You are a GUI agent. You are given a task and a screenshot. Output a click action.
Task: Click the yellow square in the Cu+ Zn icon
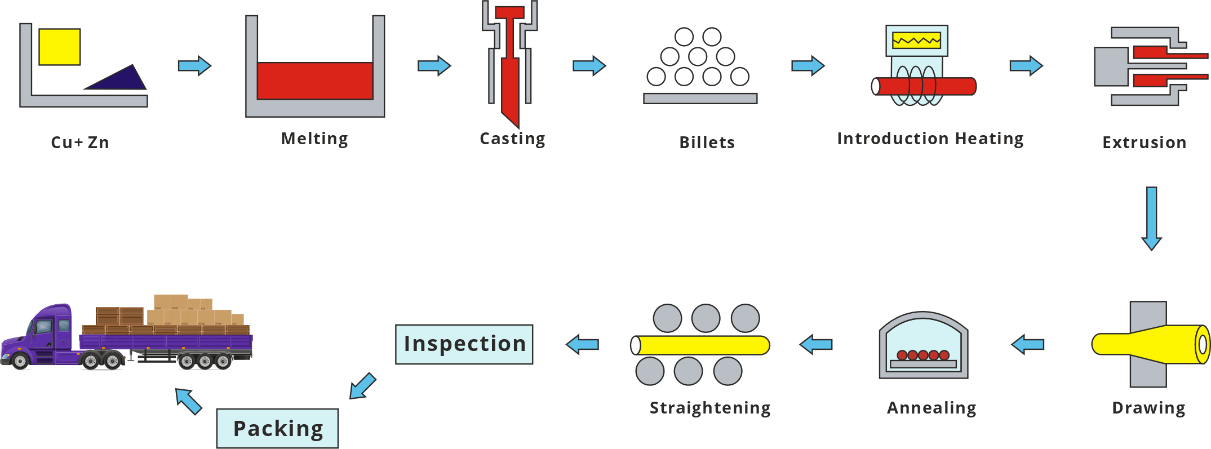point(60,47)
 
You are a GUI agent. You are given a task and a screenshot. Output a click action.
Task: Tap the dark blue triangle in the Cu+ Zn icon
point(121,81)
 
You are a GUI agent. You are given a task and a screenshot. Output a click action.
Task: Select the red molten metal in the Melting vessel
point(315,81)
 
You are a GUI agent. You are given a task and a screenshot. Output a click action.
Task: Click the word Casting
point(512,139)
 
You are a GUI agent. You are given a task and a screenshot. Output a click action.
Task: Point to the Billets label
point(707,143)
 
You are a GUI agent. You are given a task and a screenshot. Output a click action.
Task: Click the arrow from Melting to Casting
point(434,66)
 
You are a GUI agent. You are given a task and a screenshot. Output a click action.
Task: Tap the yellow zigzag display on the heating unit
point(916,41)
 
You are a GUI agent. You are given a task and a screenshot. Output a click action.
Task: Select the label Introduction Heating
point(930,139)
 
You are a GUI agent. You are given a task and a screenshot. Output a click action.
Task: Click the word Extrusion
point(1144,143)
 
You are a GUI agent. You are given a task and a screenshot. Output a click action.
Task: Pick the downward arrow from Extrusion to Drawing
point(1151,219)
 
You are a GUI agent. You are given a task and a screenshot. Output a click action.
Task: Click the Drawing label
point(1148,408)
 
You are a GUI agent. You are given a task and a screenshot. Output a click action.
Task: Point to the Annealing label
point(931,408)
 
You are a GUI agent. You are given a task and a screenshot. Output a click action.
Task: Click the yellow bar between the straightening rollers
point(700,345)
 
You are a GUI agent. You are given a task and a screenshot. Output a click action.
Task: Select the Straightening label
point(710,408)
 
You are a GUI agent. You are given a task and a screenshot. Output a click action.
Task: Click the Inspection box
point(464,344)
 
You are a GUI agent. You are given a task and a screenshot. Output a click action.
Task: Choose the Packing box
point(278,428)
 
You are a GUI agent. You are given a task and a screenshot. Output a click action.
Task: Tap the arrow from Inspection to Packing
point(362,386)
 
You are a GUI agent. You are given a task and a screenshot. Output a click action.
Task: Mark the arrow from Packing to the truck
point(188,401)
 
